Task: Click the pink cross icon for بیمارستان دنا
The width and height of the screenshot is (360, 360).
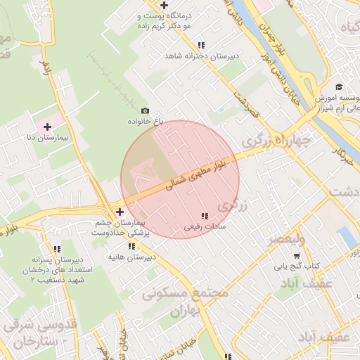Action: [47, 127]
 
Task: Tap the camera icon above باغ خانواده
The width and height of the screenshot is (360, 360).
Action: [146, 110]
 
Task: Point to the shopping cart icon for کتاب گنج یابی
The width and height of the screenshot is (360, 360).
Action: [297, 255]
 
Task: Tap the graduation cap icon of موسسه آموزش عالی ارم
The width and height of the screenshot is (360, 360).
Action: [340, 86]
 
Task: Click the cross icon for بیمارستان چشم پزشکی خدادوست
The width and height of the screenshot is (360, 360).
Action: [120, 211]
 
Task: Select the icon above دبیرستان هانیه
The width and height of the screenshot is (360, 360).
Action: [131, 246]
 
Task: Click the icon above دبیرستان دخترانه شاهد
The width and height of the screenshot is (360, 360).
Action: [201, 44]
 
